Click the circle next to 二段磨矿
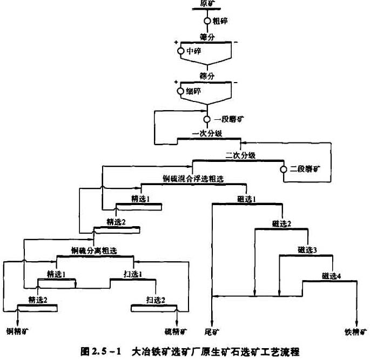pyautogui.click(x=282, y=170)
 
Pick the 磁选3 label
pyautogui.click(x=307, y=249)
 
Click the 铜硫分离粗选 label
pyautogui.click(x=94, y=250)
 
